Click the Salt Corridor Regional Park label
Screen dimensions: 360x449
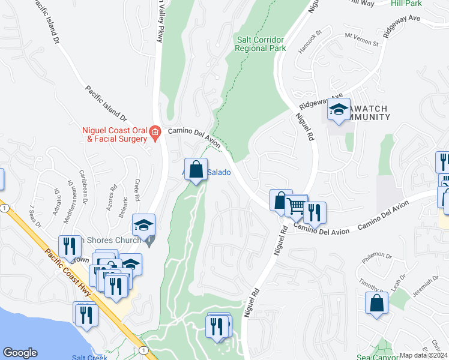pyautogui.click(x=261, y=44)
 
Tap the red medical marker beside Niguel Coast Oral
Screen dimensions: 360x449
pyautogui.click(x=155, y=132)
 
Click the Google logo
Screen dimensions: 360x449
pyautogui.click(x=20, y=353)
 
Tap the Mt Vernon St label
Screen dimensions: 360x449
pyautogui.click(x=361, y=43)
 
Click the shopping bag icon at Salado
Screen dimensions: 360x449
pyautogui.click(x=196, y=170)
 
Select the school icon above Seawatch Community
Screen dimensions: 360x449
pyautogui.click(x=339, y=110)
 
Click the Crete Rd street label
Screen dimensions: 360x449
pyautogui.click(x=137, y=190)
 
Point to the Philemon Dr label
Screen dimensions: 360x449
pyautogui.click(x=377, y=259)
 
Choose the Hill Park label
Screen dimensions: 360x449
pyautogui.click(x=406, y=4)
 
